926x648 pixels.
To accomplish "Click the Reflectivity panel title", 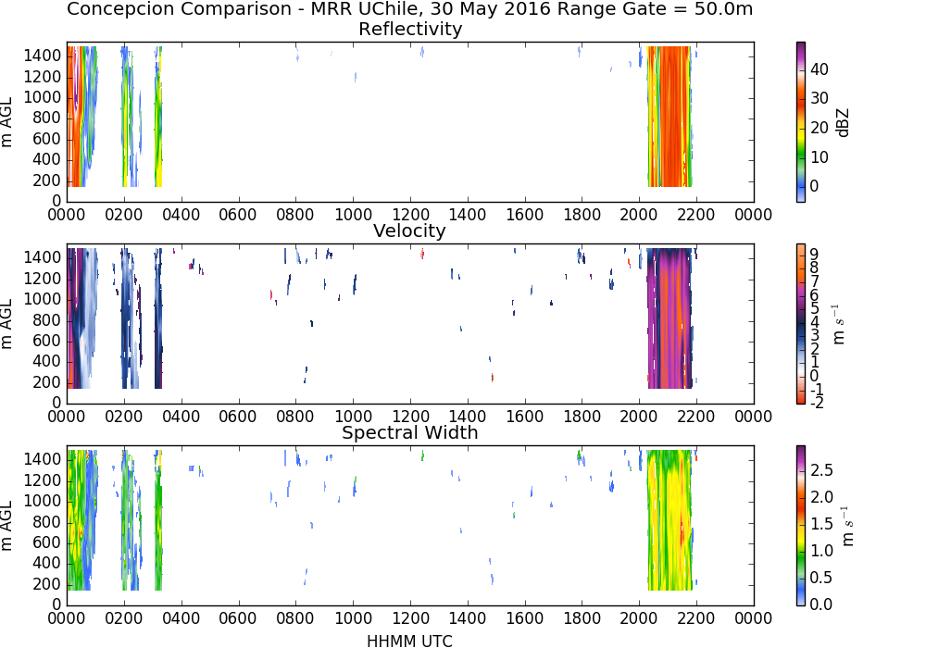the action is tap(410, 29).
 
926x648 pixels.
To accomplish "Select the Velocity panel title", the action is tap(409, 231).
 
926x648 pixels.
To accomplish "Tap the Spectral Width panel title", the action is tap(410, 432).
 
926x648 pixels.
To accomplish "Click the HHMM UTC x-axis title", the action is tap(409, 641).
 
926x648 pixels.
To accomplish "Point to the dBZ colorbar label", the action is tap(844, 123).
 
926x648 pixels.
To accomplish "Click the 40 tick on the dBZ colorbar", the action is tap(820, 69).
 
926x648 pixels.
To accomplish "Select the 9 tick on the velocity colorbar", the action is tap(814, 254).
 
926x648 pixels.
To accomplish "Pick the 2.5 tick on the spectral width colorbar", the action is tap(821, 469).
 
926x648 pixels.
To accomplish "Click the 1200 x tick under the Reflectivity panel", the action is tap(410, 215).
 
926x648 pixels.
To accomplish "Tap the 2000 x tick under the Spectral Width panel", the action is tap(638, 617).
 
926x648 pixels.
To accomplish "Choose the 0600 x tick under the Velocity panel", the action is tap(238, 417).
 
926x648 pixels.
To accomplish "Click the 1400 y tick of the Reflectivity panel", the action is tap(43, 56).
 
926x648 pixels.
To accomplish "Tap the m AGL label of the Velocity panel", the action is tap(6, 324).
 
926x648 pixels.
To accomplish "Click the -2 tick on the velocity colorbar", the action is tap(817, 403).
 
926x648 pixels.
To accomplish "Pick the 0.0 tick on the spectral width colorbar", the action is tap(821, 604).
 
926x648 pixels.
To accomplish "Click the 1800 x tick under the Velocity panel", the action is tap(582, 417).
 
